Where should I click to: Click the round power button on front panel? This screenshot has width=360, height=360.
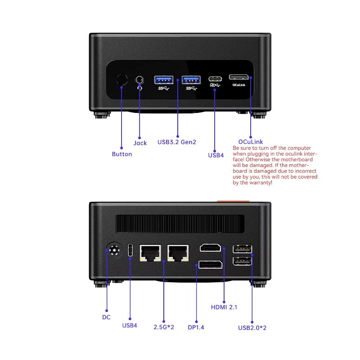[121, 80]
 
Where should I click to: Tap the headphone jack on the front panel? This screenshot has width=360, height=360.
[140, 80]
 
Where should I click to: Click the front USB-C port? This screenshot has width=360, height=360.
[215, 79]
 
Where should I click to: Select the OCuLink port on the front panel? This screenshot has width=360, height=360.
[239, 77]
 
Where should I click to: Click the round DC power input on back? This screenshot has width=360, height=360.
[113, 250]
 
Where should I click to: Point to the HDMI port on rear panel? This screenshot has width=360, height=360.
[211, 248]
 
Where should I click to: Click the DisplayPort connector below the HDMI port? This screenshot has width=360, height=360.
[210, 265]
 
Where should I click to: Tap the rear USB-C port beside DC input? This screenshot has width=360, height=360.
[130, 250]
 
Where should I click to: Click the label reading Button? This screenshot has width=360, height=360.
[122, 154]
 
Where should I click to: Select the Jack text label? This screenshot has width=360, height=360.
[140, 143]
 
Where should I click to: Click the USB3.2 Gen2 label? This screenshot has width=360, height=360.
[176, 142]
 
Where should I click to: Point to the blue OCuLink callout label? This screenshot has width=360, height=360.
[251, 142]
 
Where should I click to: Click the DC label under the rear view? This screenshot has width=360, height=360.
[106, 317]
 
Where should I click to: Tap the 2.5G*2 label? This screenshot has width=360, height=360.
[163, 327]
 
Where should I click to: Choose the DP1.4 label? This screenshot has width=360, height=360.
[196, 327]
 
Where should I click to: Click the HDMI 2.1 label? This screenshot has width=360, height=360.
[224, 307]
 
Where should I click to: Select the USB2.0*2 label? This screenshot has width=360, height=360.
[252, 328]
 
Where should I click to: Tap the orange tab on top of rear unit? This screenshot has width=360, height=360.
[233, 200]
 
